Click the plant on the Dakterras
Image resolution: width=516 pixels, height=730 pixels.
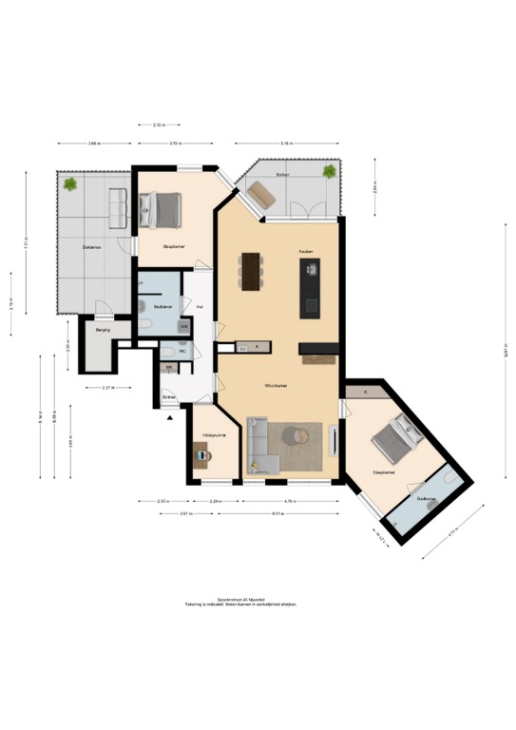pyautogui.click(x=70, y=183)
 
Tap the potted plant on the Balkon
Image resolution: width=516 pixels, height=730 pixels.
pyautogui.click(x=329, y=172)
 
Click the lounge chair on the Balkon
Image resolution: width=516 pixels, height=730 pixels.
pyautogui.click(x=260, y=195)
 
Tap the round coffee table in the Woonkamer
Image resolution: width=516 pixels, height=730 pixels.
pyautogui.click(x=296, y=436)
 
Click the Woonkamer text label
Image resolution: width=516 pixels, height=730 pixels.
pyautogui.click(x=276, y=386)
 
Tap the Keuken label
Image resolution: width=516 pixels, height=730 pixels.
pyautogui.click(x=306, y=251)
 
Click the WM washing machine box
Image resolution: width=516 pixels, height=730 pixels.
pyautogui.click(x=185, y=326)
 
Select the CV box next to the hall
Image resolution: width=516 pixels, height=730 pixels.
pyautogui.click(x=243, y=349)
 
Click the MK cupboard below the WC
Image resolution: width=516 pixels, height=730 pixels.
pyautogui.click(x=170, y=367)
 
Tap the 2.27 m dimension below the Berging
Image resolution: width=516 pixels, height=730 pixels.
pyautogui.click(x=108, y=389)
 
